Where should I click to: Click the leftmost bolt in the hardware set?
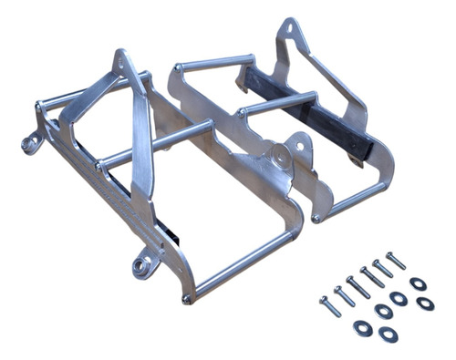(329, 306)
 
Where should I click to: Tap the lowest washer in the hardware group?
(389, 334)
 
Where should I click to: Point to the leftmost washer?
(361, 326)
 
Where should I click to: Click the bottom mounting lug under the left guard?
(141, 266)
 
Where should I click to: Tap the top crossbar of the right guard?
(215, 64)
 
